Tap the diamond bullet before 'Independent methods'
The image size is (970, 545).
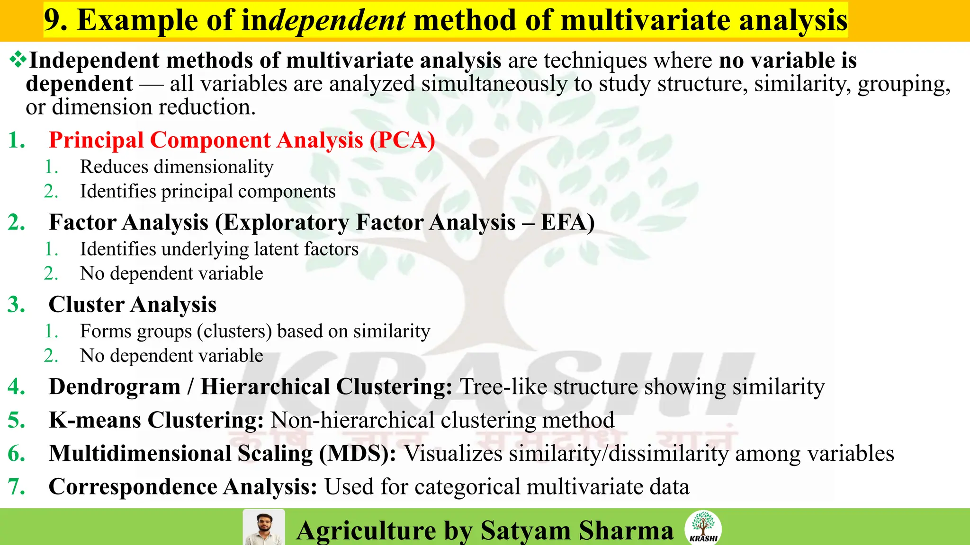(18, 60)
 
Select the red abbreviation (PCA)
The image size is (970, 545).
(402, 141)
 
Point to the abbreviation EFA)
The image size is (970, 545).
(567, 222)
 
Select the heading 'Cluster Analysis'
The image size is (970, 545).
(133, 305)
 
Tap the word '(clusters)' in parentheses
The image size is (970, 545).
(234, 332)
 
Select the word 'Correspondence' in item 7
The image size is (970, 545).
(133, 487)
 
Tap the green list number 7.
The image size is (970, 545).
(17, 487)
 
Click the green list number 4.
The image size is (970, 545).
(17, 387)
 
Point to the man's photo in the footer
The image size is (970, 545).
(263, 527)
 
